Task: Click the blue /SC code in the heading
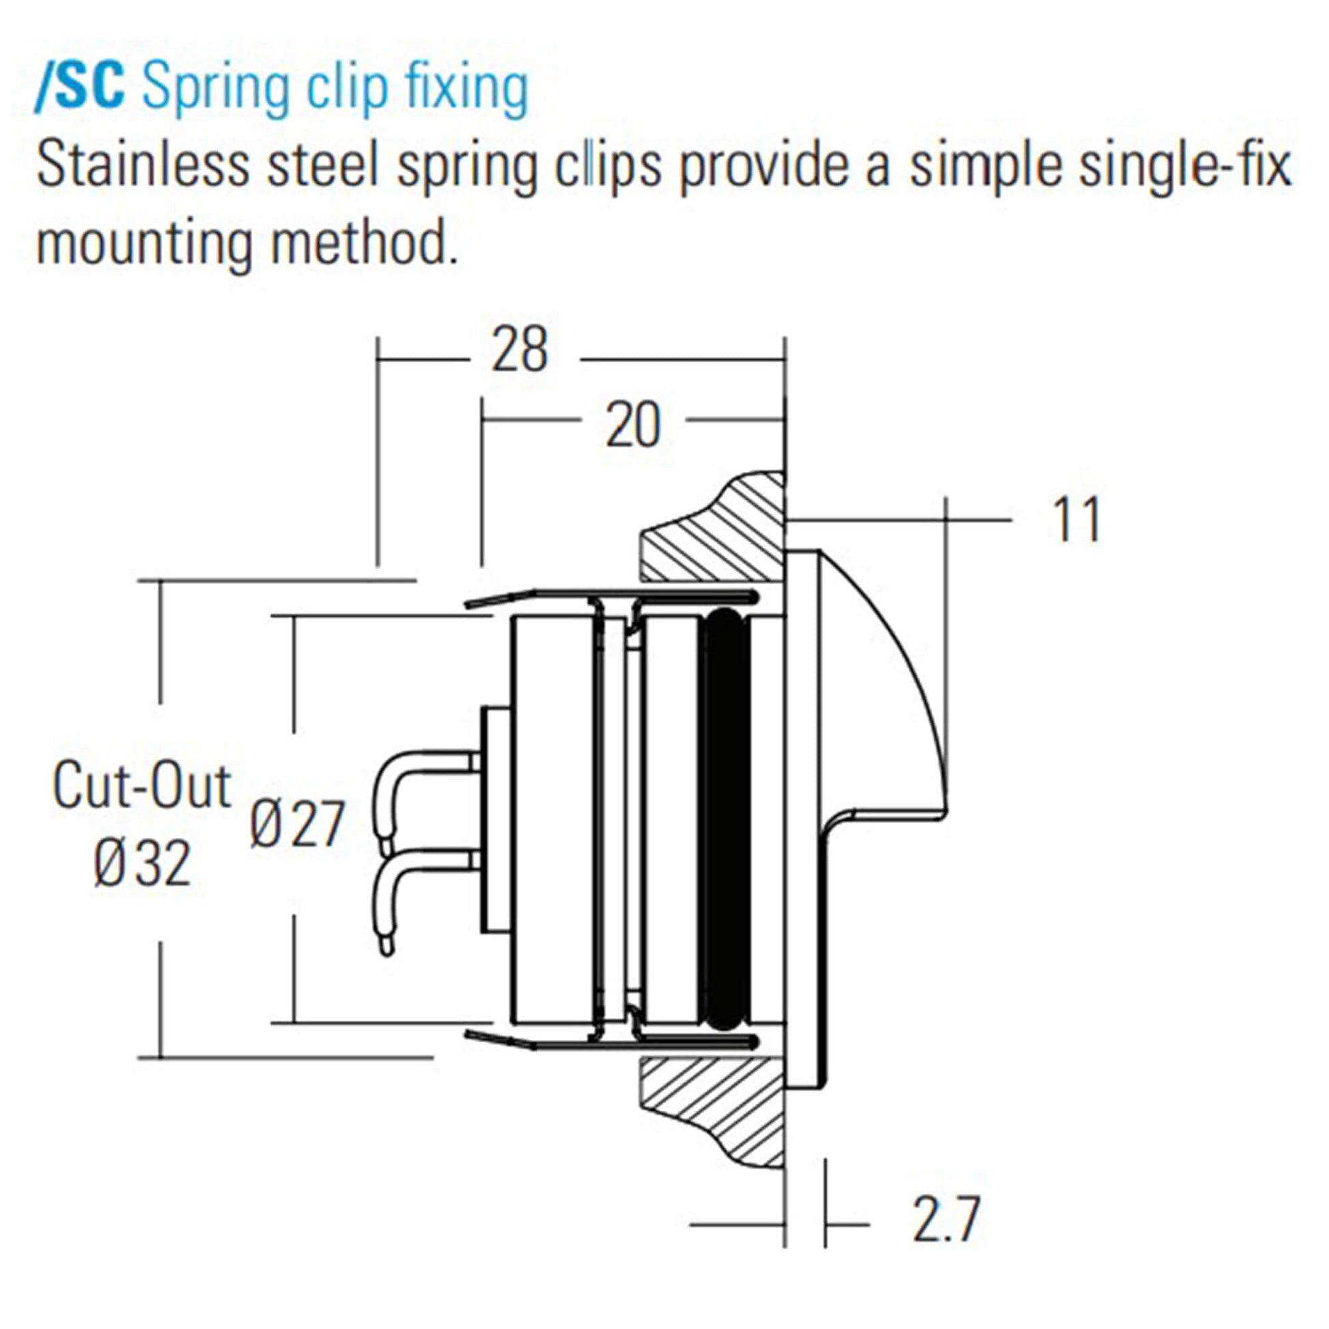pos(80,88)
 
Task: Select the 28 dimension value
pos(519,351)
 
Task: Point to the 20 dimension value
pos(632,426)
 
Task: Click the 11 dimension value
pos(1076,520)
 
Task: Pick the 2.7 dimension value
pos(945,1220)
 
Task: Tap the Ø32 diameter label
pos(141,865)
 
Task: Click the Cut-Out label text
pos(141,785)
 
